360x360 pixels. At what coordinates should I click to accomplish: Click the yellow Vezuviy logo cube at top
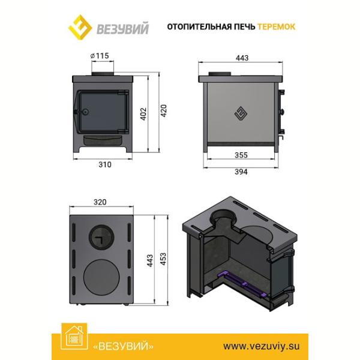coord(80,27)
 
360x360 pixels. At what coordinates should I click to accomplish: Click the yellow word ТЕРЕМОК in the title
coord(276,27)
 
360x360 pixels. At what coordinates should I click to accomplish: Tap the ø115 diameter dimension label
coord(100,56)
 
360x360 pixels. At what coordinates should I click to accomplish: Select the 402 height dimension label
coord(143,114)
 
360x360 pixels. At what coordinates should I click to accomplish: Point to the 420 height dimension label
coord(163,110)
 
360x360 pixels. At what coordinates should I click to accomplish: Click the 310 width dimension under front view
coord(105,164)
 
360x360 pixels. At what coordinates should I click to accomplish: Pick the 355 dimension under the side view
coord(241,155)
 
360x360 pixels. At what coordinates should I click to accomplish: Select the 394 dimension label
coord(241,172)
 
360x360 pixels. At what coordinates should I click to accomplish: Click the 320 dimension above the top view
coord(100,202)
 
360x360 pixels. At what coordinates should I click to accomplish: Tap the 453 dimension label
coord(163,259)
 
